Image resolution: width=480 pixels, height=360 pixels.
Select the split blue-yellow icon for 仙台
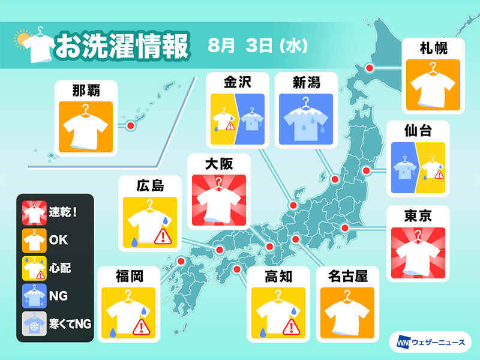tap(418, 169)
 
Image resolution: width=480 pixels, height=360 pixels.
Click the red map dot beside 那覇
tap(130, 125)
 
